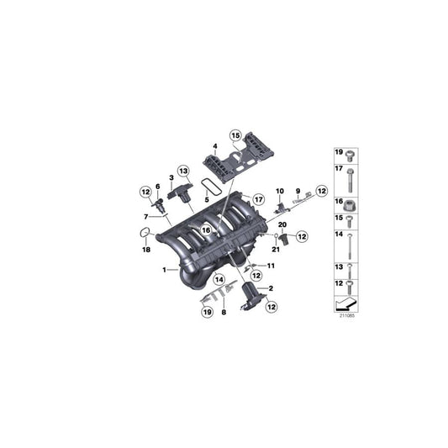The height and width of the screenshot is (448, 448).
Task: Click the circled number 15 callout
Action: pos(235,135)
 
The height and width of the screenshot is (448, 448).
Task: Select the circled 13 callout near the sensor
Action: pos(183,171)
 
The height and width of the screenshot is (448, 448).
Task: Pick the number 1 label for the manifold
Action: pos(165,270)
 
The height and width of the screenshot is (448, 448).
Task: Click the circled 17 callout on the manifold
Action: pos(235,199)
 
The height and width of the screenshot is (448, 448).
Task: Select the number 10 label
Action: pos(281,192)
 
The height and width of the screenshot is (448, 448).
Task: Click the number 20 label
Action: pos(282,225)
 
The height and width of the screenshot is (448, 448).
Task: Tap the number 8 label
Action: pos(224,312)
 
